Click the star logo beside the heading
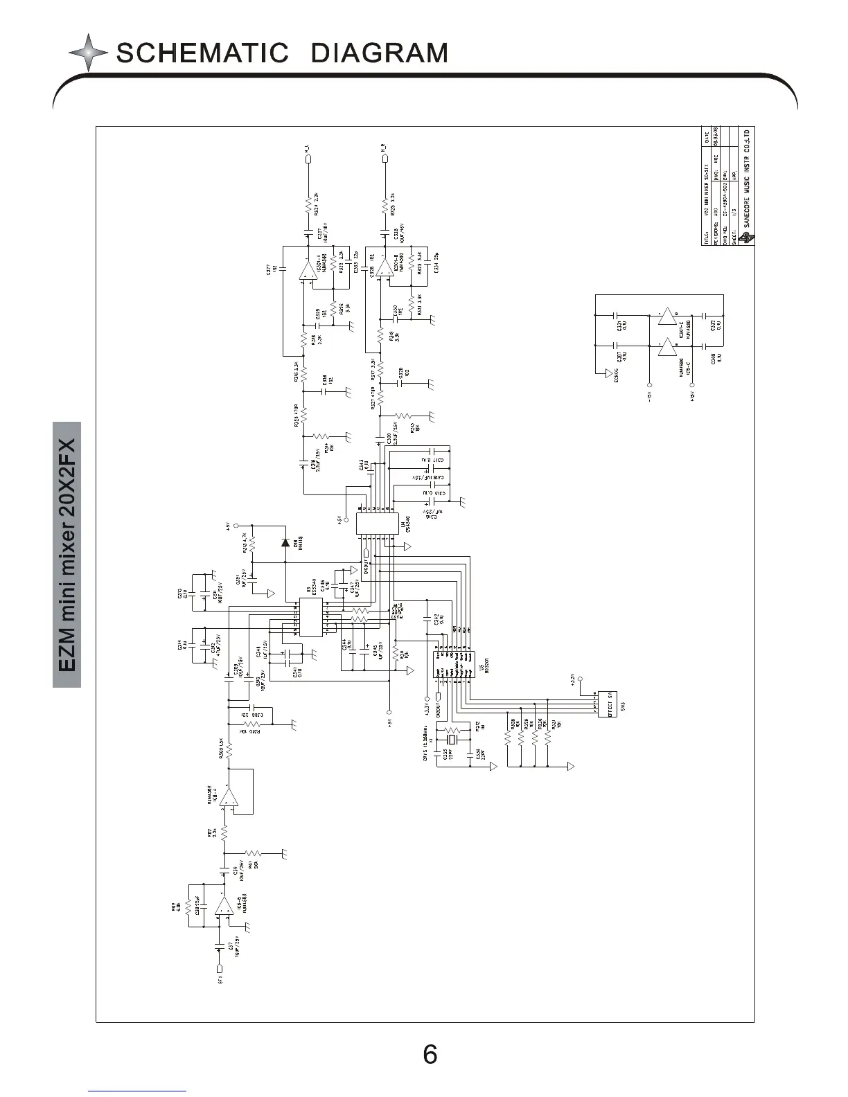click(88, 53)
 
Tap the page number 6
click(430, 1055)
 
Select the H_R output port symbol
click(383, 159)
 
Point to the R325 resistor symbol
click(383, 205)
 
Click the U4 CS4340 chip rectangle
click(377, 524)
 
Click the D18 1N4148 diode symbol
click(285, 542)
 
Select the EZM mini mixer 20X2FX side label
click(67, 554)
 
